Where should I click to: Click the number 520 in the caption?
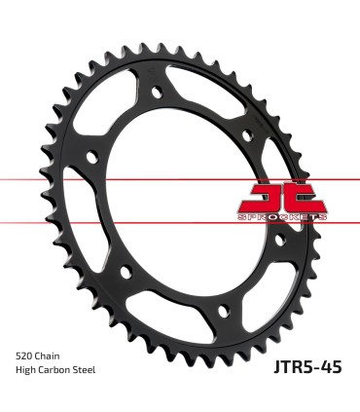tap(27, 356)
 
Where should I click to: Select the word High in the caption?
tap(28, 370)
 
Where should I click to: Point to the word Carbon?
tap(60, 370)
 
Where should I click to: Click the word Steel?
tap(92, 370)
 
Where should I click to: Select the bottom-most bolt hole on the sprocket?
tap(224, 310)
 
